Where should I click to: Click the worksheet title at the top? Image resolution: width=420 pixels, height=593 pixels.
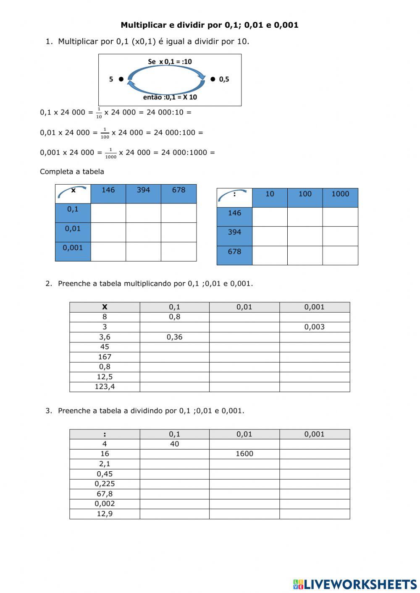210,25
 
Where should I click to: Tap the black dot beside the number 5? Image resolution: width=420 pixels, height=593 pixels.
121,79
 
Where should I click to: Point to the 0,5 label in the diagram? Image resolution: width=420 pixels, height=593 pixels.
224,79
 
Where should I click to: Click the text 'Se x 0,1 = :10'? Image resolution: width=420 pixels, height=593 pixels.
170,62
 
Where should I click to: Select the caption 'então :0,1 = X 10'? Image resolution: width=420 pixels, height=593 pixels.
170,97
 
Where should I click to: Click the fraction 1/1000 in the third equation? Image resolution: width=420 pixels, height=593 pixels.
110,153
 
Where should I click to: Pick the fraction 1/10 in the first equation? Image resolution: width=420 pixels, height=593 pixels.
99,113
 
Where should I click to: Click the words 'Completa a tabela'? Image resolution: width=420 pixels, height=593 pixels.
72,172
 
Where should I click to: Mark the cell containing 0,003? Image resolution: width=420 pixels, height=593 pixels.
314,327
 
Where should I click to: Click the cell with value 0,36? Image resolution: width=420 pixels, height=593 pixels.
174,337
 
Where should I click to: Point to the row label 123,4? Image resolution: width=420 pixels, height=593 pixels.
105,387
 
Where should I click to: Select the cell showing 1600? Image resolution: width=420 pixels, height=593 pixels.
244,454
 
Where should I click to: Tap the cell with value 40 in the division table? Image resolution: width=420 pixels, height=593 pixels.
174,444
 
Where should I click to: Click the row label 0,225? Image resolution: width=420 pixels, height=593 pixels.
105,484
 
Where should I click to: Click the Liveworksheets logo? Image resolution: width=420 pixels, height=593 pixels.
355,584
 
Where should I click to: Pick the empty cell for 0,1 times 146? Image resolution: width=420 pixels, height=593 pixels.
108,213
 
